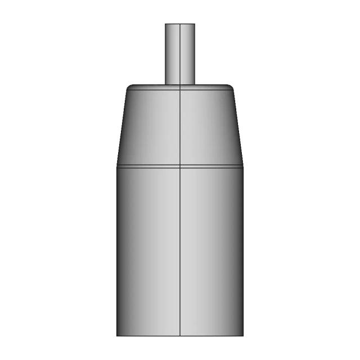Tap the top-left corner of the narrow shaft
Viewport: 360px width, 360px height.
pyautogui.click(x=165, y=24)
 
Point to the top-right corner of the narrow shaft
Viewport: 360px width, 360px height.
pyautogui.click(x=195, y=24)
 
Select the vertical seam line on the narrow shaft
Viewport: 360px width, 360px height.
pyautogui.click(x=179, y=53)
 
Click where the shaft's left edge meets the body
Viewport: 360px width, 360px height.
pyautogui.click(x=165, y=84)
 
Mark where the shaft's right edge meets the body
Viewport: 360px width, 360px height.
pyautogui.click(x=195, y=84)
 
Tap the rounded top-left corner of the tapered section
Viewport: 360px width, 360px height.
pyautogui.click(x=129, y=87)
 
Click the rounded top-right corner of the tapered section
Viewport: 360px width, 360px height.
pyautogui.click(x=231, y=87)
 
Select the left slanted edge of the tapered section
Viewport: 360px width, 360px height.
pyautogui.click(x=122, y=127)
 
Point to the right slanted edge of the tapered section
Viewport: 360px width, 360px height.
pyautogui.click(x=237, y=127)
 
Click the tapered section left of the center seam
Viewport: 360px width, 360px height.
pyautogui.click(x=151, y=127)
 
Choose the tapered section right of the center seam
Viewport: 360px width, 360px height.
pyautogui.click(x=208, y=127)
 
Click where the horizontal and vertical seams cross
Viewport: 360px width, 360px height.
pyautogui.click(x=179, y=166)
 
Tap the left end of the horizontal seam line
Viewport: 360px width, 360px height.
pyautogui.click(x=117, y=166)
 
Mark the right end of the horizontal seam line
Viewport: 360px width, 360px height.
pyautogui.click(x=242, y=166)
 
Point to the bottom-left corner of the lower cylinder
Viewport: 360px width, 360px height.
pyautogui.click(x=117, y=336)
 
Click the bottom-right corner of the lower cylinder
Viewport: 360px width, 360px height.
pyautogui.click(x=242, y=336)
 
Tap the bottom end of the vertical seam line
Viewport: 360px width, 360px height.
pyautogui.click(x=179, y=336)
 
